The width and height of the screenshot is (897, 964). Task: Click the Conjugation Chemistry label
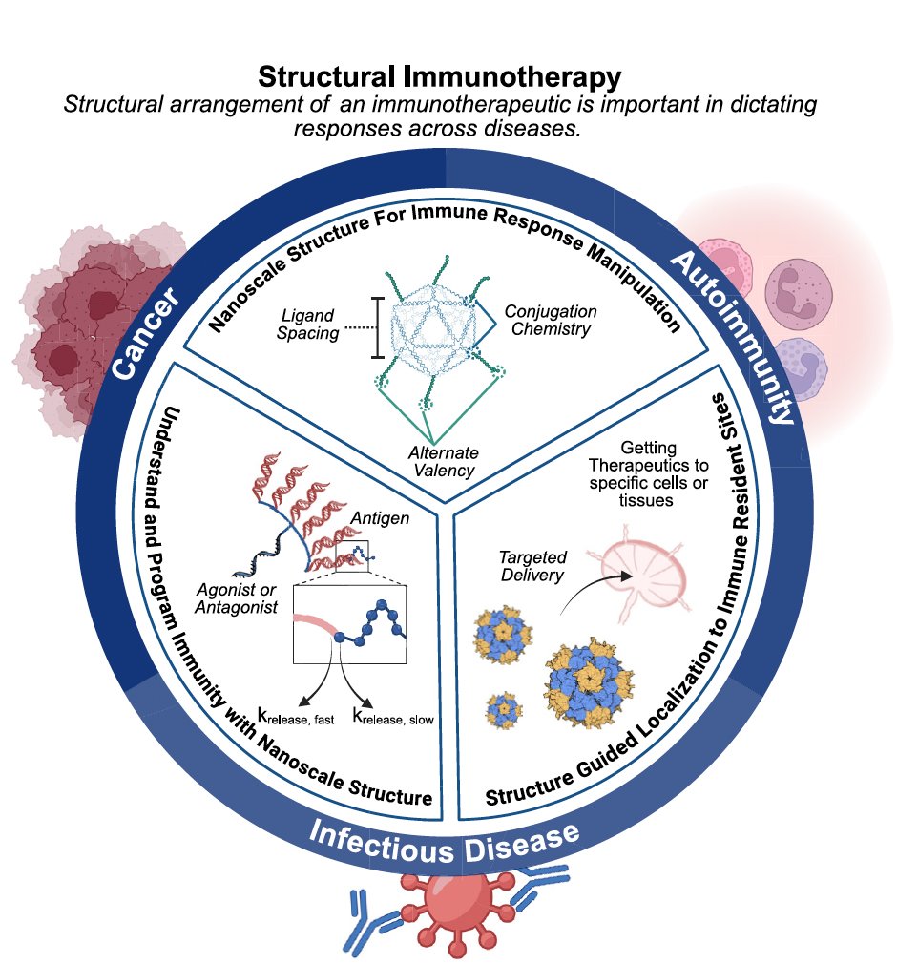pyautogui.click(x=550, y=321)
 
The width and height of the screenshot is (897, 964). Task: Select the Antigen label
pyautogui.click(x=379, y=517)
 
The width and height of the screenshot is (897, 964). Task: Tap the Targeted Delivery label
pyautogui.click(x=532, y=565)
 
